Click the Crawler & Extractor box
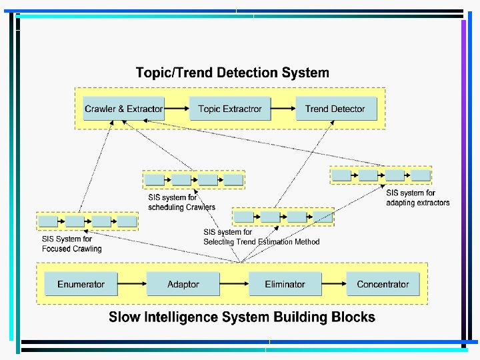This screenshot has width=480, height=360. (124, 109)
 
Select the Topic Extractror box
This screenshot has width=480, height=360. (230, 109)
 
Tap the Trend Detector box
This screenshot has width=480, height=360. (335, 109)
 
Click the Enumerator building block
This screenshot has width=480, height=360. (81, 284)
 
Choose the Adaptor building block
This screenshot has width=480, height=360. (183, 284)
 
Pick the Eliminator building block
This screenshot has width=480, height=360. (285, 284)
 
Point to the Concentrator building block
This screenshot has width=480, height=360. (383, 284)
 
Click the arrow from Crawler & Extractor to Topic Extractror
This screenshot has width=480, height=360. (177, 109)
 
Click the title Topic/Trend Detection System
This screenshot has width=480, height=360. (232, 73)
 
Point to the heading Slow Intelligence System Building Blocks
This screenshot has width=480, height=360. (242, 317)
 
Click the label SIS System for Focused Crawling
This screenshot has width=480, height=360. (72, 244)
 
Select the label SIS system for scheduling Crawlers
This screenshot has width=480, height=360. (181, 202)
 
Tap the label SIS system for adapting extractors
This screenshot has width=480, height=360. (418, 198)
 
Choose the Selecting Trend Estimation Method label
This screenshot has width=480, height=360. (261, 241)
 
